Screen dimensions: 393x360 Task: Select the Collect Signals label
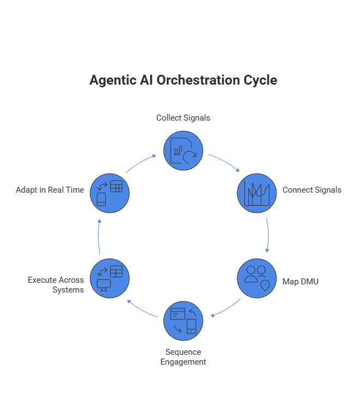click(183, 118)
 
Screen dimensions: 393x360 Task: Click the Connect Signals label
click(312, 190)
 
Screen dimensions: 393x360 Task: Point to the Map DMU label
click(301, 282)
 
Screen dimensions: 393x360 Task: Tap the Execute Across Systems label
click(56, 285)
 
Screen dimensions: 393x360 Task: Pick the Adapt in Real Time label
click(50, 190)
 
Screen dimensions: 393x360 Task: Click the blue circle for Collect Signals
click(183, 150)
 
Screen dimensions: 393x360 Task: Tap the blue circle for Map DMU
click(257, 278)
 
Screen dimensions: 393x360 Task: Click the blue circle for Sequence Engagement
click(183, 320)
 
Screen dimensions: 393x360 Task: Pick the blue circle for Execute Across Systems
click(110, 278)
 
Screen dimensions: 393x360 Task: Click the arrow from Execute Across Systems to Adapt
click(99, 236)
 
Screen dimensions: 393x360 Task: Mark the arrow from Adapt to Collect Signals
click(141, 163)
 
